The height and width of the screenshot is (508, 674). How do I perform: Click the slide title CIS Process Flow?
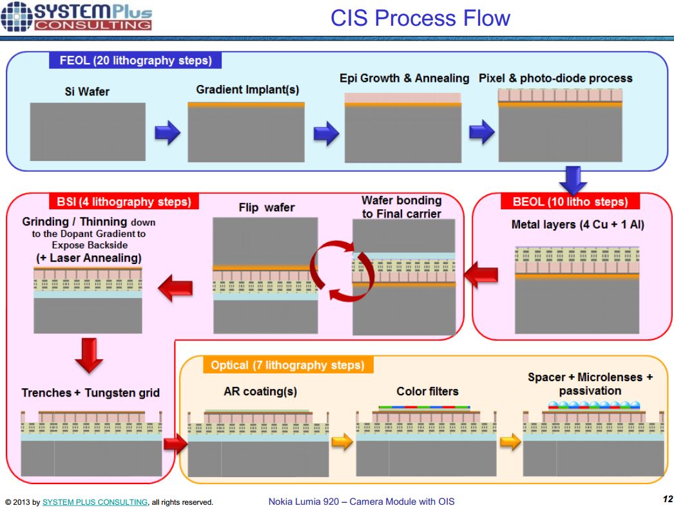click(420, 18)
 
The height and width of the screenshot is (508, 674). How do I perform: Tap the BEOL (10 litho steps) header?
click(570, 202)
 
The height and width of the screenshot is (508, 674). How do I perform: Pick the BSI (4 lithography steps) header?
click(120, 202)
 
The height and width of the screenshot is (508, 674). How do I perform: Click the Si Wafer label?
click(87, 91)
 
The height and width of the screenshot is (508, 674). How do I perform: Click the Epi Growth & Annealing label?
click(404, 79)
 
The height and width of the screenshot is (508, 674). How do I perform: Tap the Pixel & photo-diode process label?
click(555, 79)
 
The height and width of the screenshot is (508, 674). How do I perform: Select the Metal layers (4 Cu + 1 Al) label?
click(569, 225)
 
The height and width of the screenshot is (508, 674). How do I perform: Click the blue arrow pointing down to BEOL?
click(572, 179)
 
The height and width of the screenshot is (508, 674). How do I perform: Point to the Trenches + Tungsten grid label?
click(90, 393)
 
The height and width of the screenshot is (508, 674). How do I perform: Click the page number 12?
click(666, 498)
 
